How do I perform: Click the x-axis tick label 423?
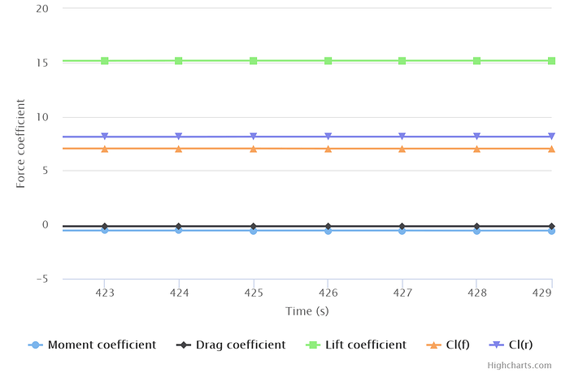[104, 292]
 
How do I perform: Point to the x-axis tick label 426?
[328, 292]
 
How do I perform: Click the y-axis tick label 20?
[43, 9]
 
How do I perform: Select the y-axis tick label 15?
[43, 63]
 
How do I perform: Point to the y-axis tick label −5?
[41, 279]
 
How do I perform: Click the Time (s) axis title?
[307, 311]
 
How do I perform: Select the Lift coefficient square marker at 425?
[254, 61]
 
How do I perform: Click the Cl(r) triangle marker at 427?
[402, 137]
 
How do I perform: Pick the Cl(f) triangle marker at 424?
[179, 149]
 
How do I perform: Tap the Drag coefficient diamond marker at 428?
[476, 203]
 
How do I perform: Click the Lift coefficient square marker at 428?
[476, 61]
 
